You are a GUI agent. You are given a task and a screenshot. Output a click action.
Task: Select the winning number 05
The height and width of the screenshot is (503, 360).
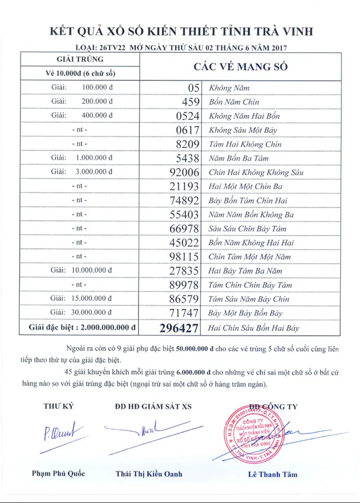pyautogui.click(x=192, y=88)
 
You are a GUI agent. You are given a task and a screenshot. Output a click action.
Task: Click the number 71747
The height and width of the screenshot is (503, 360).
pyautogui.click(x=184, y=313)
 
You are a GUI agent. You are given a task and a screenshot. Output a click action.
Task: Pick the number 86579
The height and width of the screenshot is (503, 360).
pyautogui.click(x=184, y=299)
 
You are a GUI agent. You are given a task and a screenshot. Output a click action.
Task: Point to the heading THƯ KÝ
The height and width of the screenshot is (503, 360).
pyautogui.click(x=58, y=406)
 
